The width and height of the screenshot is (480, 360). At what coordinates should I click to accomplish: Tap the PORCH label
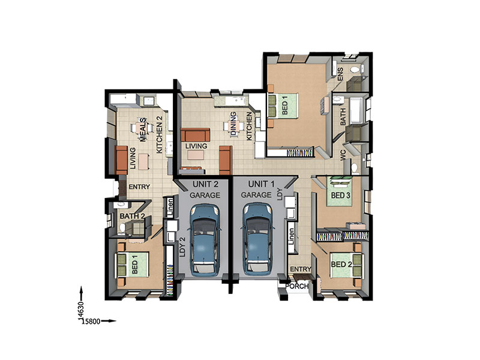pos(296,286)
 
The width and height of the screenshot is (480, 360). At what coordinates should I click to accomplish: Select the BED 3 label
pos(341,195)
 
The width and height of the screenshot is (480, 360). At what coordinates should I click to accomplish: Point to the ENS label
pos(340,74)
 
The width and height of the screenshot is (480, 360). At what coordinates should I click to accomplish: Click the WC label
pos(343,155)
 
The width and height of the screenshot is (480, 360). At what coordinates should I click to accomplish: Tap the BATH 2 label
pos(132,216)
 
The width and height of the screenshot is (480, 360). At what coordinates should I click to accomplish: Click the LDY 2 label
pos(183,247)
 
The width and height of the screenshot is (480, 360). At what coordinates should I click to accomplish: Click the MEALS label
pos(143,130)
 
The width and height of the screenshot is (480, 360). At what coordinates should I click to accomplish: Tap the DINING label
pos(233,124)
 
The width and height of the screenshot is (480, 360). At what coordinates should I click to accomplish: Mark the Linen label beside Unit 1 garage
pos(291,236)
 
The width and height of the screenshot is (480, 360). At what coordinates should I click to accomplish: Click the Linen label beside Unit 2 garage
pos(170,206)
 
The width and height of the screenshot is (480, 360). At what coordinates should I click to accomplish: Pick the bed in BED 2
pos(347,265)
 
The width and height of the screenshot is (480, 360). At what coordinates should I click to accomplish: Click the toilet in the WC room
pos(355,169)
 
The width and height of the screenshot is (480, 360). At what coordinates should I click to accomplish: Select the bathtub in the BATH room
pos(356,110)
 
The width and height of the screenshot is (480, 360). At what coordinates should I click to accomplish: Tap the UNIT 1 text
pos(261,184)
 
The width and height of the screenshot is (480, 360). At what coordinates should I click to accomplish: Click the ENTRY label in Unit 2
pos(139,187)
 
